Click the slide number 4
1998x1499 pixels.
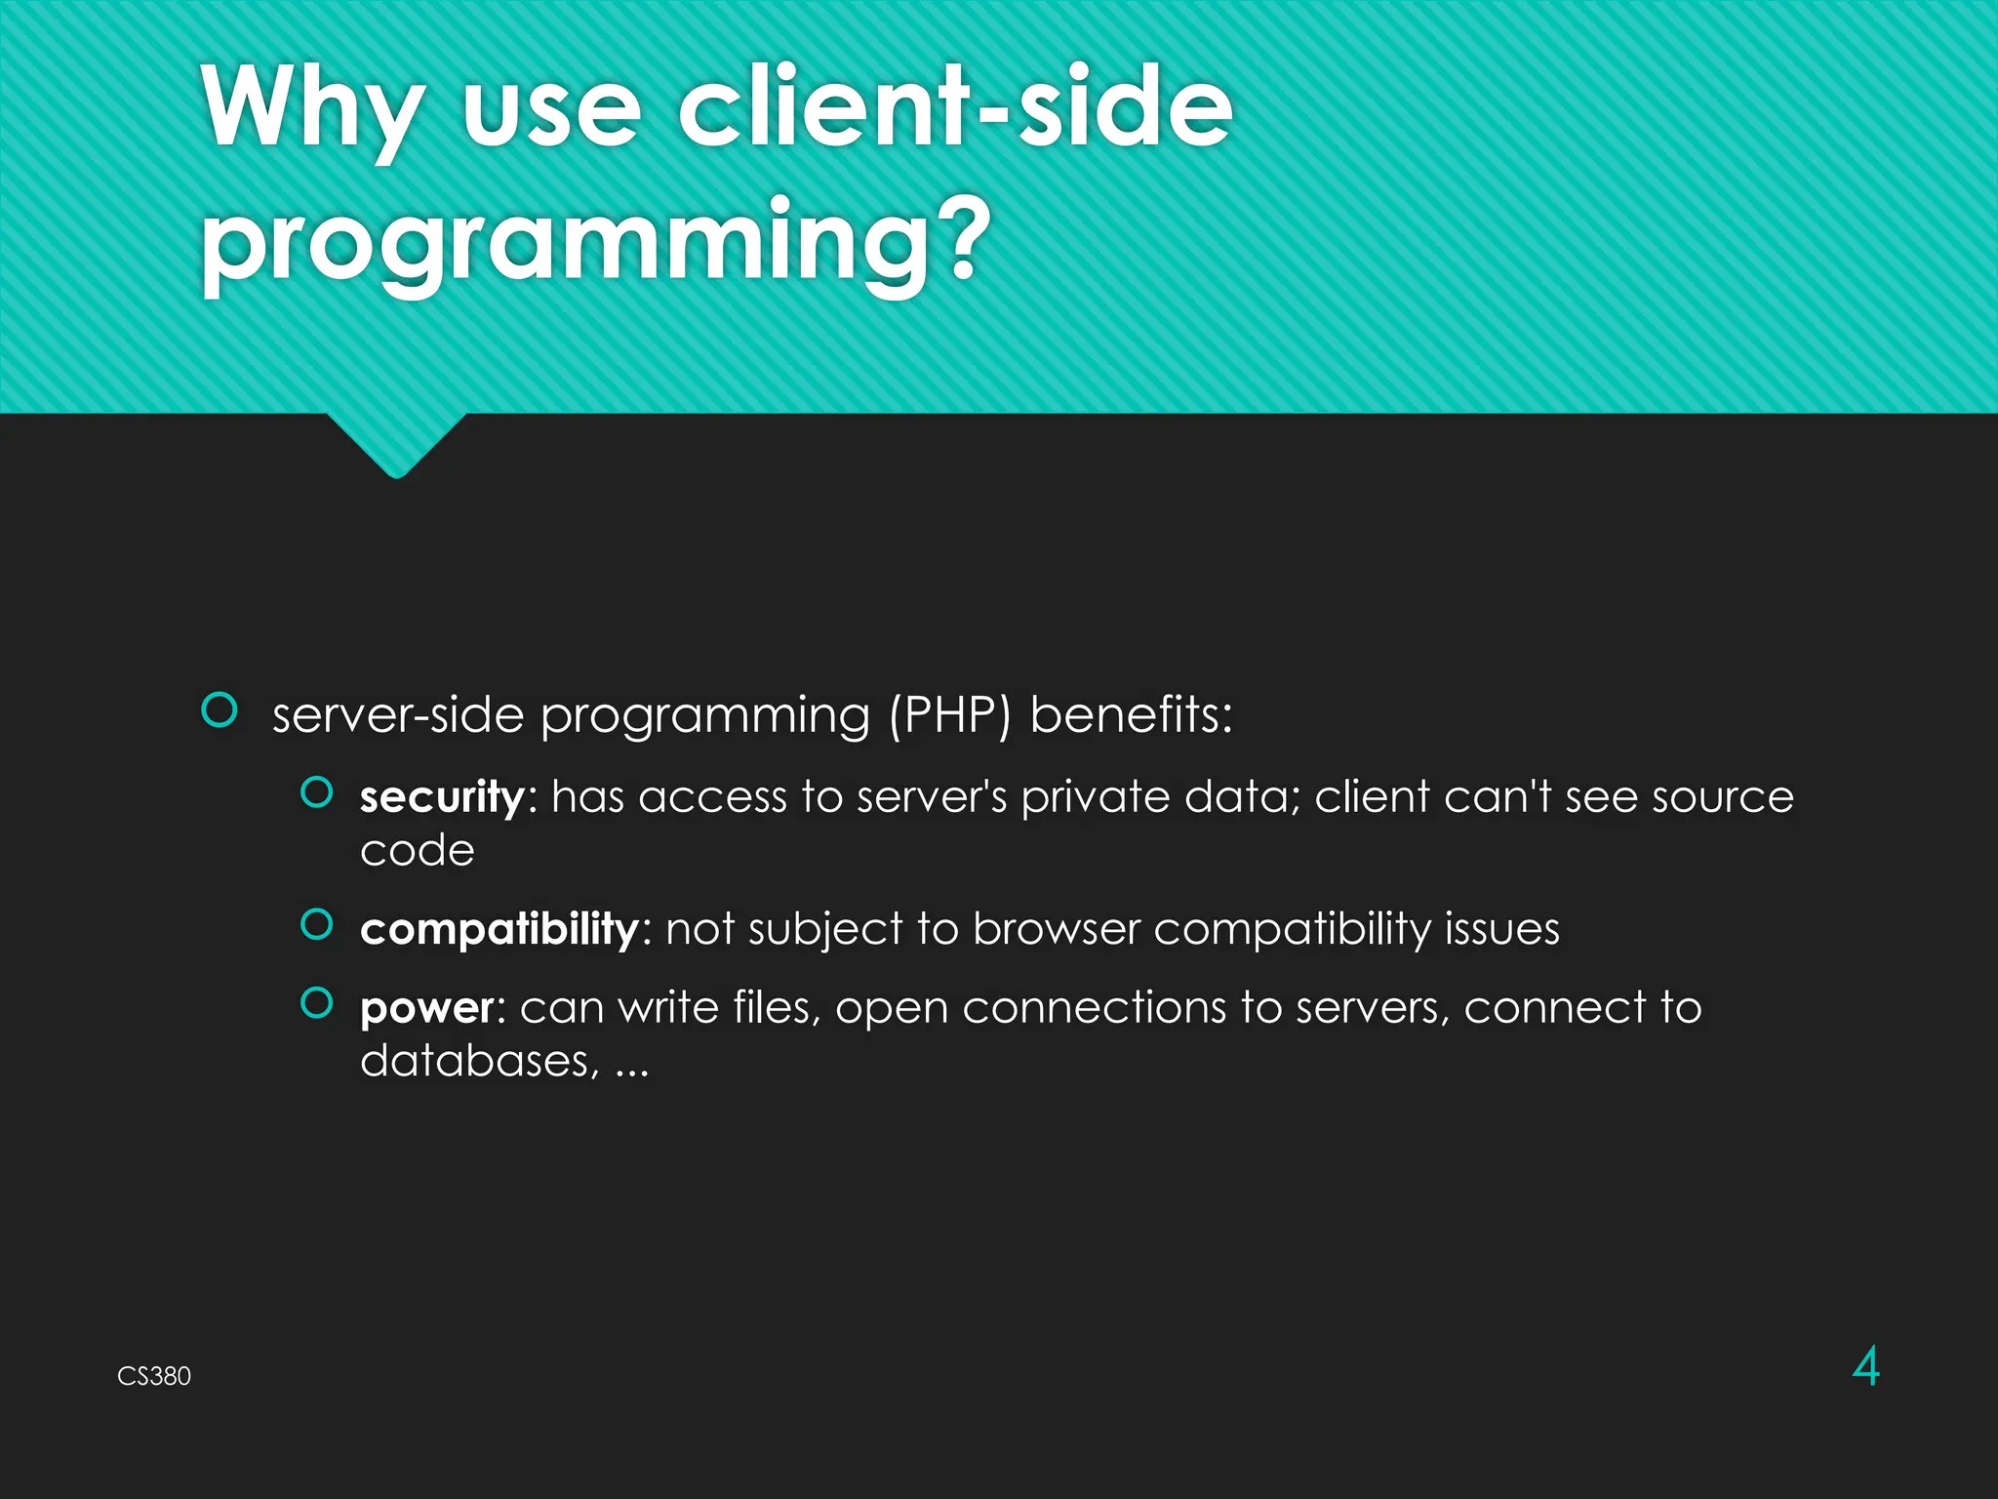click(x=1865, y=1366)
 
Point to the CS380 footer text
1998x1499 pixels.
click(x=154, y=1376)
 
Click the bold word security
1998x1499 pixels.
click(x=442, y=797)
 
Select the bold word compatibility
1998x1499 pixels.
click(x=499, y=929)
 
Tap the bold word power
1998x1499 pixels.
click(x=427, y=1008)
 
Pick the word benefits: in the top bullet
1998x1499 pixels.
click(x=1131, y=714)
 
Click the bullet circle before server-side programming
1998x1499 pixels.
click(x=220, y=710)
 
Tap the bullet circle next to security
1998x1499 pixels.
click(x=317, y=792)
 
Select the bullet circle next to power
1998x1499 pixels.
click(x=317, y=1002)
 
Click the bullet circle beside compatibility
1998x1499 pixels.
click(x=317, y=923)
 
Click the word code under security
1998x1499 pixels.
click(x=417, y=851)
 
